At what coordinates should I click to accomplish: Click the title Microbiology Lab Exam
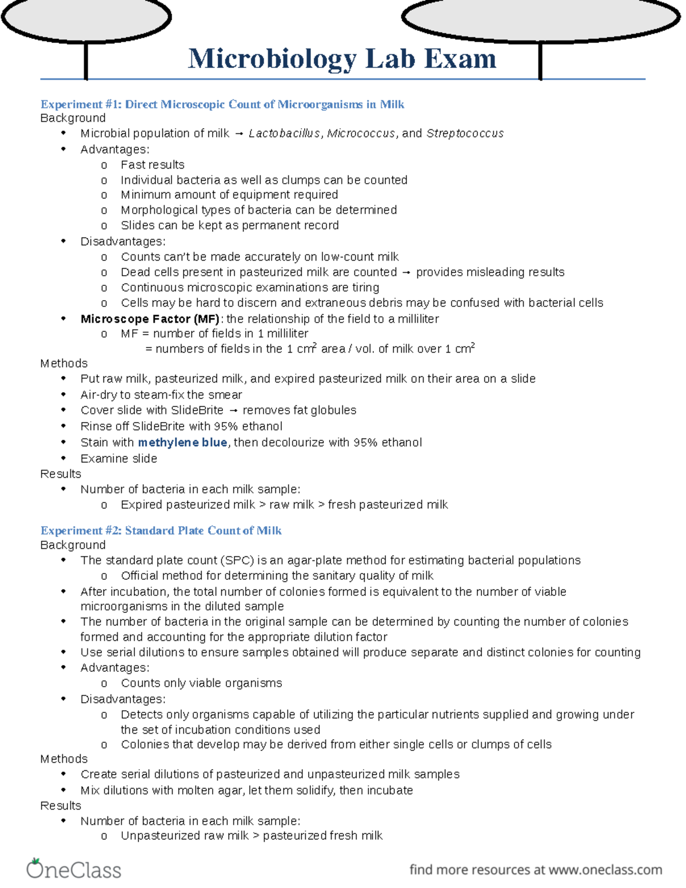tap(342, 59)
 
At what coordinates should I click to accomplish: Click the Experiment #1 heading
tap(222, 104)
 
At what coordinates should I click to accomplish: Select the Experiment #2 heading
tap(161, 531)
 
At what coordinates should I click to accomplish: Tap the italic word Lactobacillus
tap(284, 133)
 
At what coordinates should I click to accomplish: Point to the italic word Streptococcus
tap(465, 133)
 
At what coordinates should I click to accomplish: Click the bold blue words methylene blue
tap(182, 442)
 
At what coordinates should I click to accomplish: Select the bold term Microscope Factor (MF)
tap(150, 318)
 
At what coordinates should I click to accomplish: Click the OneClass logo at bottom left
tap(74, 869)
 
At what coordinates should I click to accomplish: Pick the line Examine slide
tap(119, 458)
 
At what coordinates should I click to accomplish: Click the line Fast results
tap(153, 165)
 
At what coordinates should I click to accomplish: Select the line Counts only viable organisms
tap(201, 683)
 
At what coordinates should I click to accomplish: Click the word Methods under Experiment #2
tap(64, 759)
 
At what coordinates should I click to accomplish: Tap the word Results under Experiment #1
tap(61, 473)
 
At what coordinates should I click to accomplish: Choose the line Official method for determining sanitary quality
tap(277, 575)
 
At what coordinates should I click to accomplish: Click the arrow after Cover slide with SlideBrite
tap(233, 411)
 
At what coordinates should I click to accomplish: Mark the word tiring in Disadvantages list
tap(366, 287)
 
